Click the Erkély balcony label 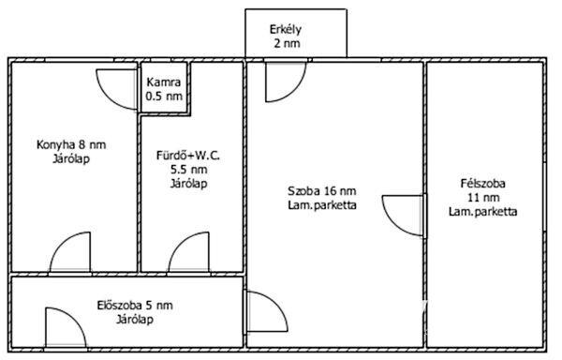[x=286, y=29]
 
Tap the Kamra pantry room [x=164, y=88]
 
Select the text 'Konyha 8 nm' [x=71, y=145]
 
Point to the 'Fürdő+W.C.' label [x=188, y=156]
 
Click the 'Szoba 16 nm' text [x=322, y=190]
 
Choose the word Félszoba [x=482, y=184]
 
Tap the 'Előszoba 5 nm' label [x=135, y=306]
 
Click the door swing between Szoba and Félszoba [x=403, y=215]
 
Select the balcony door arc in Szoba [x=286, y=82]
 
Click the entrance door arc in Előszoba [x=66, y=327]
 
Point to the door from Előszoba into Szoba [x=267, y=311]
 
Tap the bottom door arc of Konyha [x=70, y=251]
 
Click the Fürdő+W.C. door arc [x=188, y=251]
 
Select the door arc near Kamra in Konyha [x=117, y=89]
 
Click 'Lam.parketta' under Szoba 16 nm [x=322, y=205]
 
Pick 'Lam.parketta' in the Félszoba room [x=482, y=212]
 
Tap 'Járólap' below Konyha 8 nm [x=71, y=158]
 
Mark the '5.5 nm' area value [x=189, y=170]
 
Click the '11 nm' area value [x=483, y=198]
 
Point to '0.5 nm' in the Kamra [x=164, y=97]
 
